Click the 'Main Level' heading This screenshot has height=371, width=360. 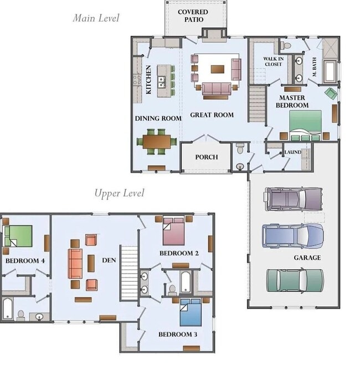(x=96, y=18)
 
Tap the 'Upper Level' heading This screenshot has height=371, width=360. (x=119, y=193)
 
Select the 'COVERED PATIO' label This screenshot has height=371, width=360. (x=193, y=16)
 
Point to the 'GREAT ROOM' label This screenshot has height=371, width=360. (x=212, y=115)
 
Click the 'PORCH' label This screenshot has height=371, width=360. (x=206, y=157)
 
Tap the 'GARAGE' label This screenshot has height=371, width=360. (x=307, y=257)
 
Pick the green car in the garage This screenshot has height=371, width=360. (x=294, y=280)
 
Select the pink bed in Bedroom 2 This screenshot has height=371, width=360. (x=173, y=231)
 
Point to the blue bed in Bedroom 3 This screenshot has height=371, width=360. (x=191, y=312)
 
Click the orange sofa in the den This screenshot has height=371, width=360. (x=75, y=263)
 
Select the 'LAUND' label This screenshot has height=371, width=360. (x=292, y=152)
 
